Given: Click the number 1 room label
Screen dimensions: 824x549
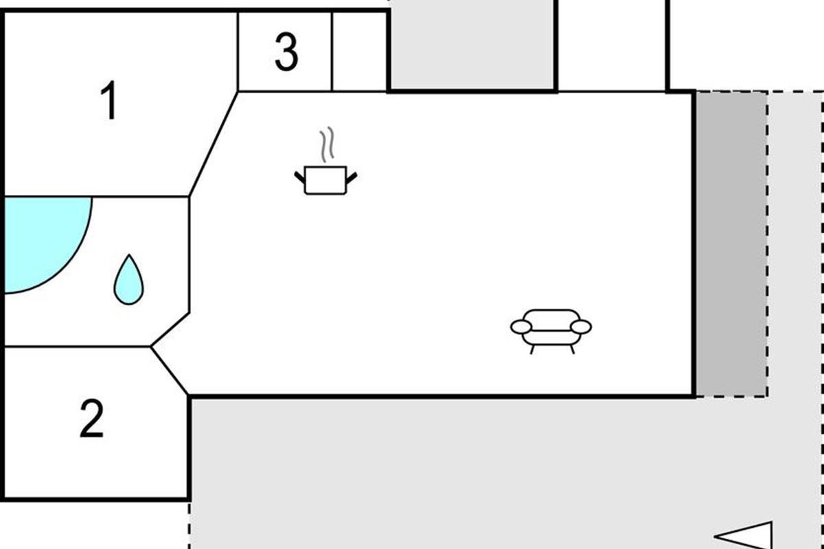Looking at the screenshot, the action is (x=109, y=100).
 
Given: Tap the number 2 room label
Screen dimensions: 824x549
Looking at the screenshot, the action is (x=91, y=419).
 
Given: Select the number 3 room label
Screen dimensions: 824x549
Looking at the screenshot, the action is (x=286, y=52).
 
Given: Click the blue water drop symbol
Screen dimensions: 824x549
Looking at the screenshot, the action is (x=129, y=279).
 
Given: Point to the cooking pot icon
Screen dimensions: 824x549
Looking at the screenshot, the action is (x=325, y=180).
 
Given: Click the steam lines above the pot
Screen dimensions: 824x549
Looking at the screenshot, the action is (x=327, y=145).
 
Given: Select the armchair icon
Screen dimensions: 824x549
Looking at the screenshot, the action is (x=551, y=331).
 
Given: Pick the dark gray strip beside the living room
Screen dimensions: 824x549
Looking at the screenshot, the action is (x=731, y=244).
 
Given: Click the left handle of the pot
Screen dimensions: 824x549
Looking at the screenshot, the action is (x=300, y=177).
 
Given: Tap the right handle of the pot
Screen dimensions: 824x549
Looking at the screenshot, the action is (x=352, y=178).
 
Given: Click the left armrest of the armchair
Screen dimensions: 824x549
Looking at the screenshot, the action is (x=521, y=327).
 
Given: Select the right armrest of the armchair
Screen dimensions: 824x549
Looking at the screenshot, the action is (x=581, y=327).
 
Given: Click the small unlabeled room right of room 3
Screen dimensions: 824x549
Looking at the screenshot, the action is (x=359, y=51).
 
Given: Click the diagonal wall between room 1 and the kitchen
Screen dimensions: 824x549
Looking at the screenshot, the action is (x=214, y=144).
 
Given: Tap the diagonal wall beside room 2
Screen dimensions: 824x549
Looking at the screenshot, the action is (x=169, y=371).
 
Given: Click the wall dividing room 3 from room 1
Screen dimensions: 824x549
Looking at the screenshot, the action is (x=238, y=51).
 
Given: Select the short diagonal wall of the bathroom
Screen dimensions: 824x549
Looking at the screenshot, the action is (x=170, y=329).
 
